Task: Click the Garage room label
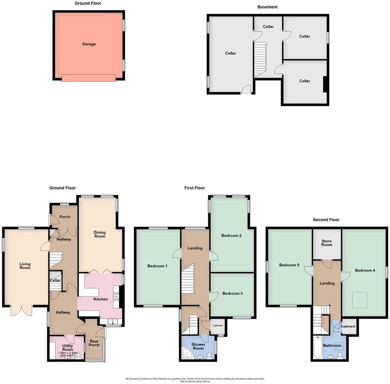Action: (x=89, y=44)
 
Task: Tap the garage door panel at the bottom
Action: (x=88, y=78)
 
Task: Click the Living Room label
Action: (x=25, y=266)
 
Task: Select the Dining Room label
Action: (x=100, y=235)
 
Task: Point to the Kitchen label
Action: (x=100, y=299)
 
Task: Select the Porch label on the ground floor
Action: (x=65, y=217)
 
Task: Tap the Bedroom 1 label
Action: (x=157, y=266)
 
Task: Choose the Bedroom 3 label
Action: (x=232, y=293)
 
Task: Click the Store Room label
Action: (x=326, y=243)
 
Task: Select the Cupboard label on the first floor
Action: (x=217, y=325)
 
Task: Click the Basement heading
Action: (x=267, y=7)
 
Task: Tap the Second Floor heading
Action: (x=326, y=220)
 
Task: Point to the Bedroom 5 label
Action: (x=289, y=265)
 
